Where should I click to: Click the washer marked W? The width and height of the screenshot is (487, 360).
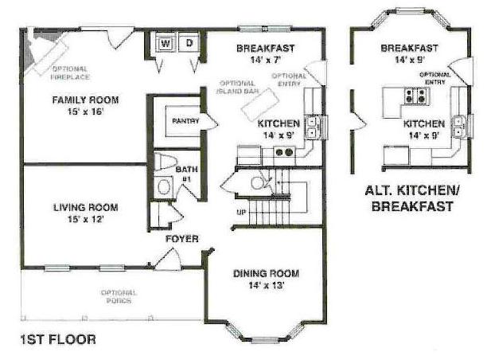point(166,44)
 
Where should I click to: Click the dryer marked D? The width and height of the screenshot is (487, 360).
point(189,43)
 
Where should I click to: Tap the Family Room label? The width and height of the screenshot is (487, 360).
point(85,100)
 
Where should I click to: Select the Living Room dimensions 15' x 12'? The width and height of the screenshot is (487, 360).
point(85,219)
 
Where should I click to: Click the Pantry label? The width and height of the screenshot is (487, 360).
point(185,120)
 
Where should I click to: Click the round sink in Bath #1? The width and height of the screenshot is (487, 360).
point(164,187)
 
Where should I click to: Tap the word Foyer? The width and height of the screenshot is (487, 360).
point(182,239)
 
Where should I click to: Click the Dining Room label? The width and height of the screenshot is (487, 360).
point(266,273)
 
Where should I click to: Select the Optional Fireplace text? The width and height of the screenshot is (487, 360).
point(70,73)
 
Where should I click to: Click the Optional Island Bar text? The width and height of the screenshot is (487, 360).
point(237,88)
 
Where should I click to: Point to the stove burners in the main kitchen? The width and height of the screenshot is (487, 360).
point(284,152)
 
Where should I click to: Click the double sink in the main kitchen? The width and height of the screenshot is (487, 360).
point(311,127)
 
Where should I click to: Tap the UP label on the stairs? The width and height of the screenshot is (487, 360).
point(241,213)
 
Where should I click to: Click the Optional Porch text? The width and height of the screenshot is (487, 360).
point(119,296)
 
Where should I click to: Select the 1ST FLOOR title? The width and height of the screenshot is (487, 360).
point(58,339)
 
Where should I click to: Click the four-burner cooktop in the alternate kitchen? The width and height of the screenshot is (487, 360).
point(416,96)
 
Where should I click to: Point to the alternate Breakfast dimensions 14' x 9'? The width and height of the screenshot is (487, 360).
point(410,60)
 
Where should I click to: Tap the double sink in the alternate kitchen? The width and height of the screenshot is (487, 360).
point(458,126)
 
